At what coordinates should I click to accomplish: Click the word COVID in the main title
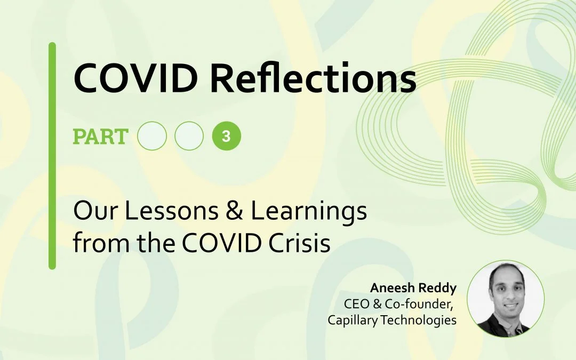pyautogui.click(x=136, y=78)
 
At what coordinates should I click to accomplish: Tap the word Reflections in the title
pyautogui.click(x=313, y=77)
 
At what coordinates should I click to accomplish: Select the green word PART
pyautogui.click(x=101, y=137)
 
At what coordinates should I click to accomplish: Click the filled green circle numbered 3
pyautogui.click(x=227, y=137)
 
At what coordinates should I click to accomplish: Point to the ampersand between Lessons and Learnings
pyautogui.click(x=235, y=211)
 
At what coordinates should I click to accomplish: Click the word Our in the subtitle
pyautogui.click(x=95, y=211)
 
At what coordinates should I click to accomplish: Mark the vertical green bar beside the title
pyautogui.click(x=52, y=156)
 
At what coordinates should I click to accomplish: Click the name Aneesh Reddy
pyautogui.click(x=413, y=288)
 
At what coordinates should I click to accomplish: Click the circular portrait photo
pyautogui.click(x=506, y=299)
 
